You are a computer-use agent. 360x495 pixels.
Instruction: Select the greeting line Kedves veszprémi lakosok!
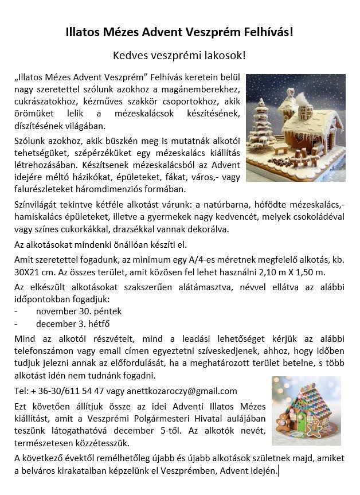click(179, 56)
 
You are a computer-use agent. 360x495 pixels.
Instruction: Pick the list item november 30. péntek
click(79, 311)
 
